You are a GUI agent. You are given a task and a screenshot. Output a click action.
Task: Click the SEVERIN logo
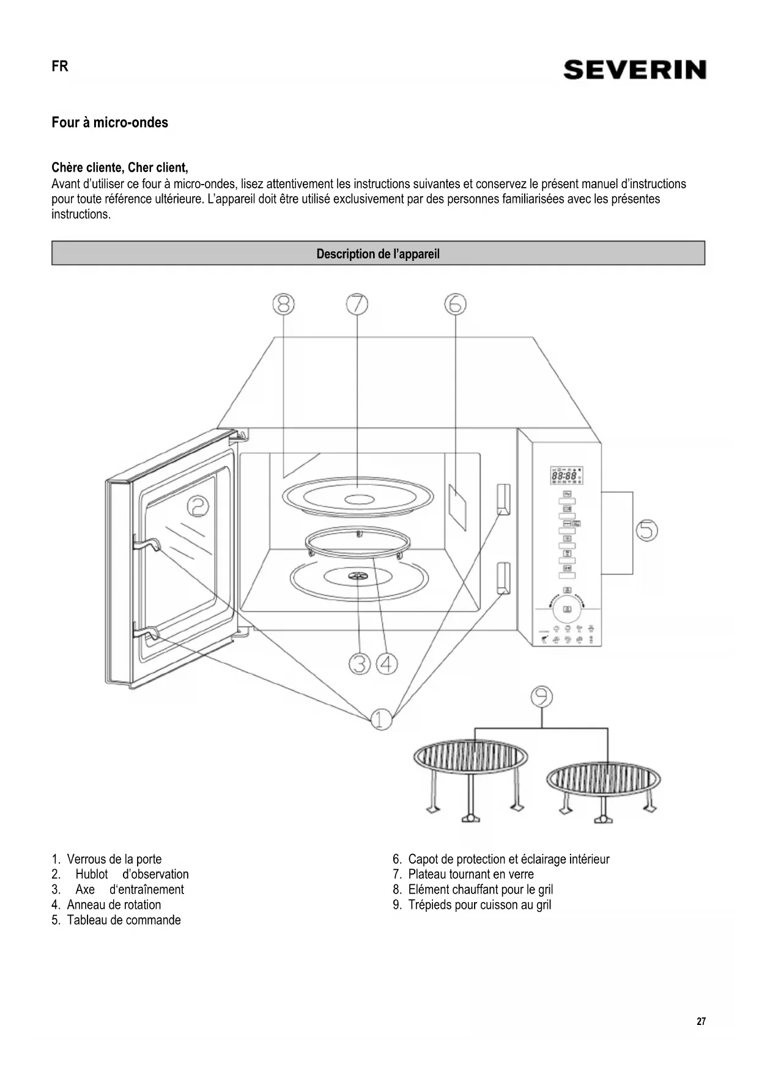(x=634, y=70)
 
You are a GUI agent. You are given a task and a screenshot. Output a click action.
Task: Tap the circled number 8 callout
(x=283, y=304)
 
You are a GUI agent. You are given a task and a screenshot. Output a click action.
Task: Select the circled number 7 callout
(x=357, y=304)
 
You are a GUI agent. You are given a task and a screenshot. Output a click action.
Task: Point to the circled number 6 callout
(x=455, y=304)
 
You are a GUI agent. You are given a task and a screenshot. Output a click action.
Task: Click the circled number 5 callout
(x=646, y=530)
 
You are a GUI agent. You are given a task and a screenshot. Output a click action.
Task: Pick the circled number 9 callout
(x=542, y=696)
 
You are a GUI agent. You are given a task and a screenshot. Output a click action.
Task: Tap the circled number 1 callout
(x=382, y=719)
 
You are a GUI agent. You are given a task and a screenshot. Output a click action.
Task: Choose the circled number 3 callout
(x=360, y=663)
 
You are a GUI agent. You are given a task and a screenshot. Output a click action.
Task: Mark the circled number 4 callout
(x=387, y=663)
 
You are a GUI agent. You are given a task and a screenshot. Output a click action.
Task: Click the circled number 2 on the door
(x=198, y=506)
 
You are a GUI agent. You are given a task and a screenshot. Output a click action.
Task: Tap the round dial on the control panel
(x=567, y=609)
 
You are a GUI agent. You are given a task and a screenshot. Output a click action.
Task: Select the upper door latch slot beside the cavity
(x=503, y=499)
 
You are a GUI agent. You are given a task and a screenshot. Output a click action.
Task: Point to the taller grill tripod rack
(x=470, y=776)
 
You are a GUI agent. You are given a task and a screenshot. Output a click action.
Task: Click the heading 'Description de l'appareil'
(x=378, y=254)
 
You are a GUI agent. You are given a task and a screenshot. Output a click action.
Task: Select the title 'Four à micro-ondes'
(x=110, y=122)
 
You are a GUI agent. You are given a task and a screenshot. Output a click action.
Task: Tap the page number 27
(x=701, y=1021)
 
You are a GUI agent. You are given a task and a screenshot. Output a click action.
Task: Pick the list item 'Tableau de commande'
(x=124, y=920)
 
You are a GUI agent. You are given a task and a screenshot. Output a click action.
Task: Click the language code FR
(x=60, y=67)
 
